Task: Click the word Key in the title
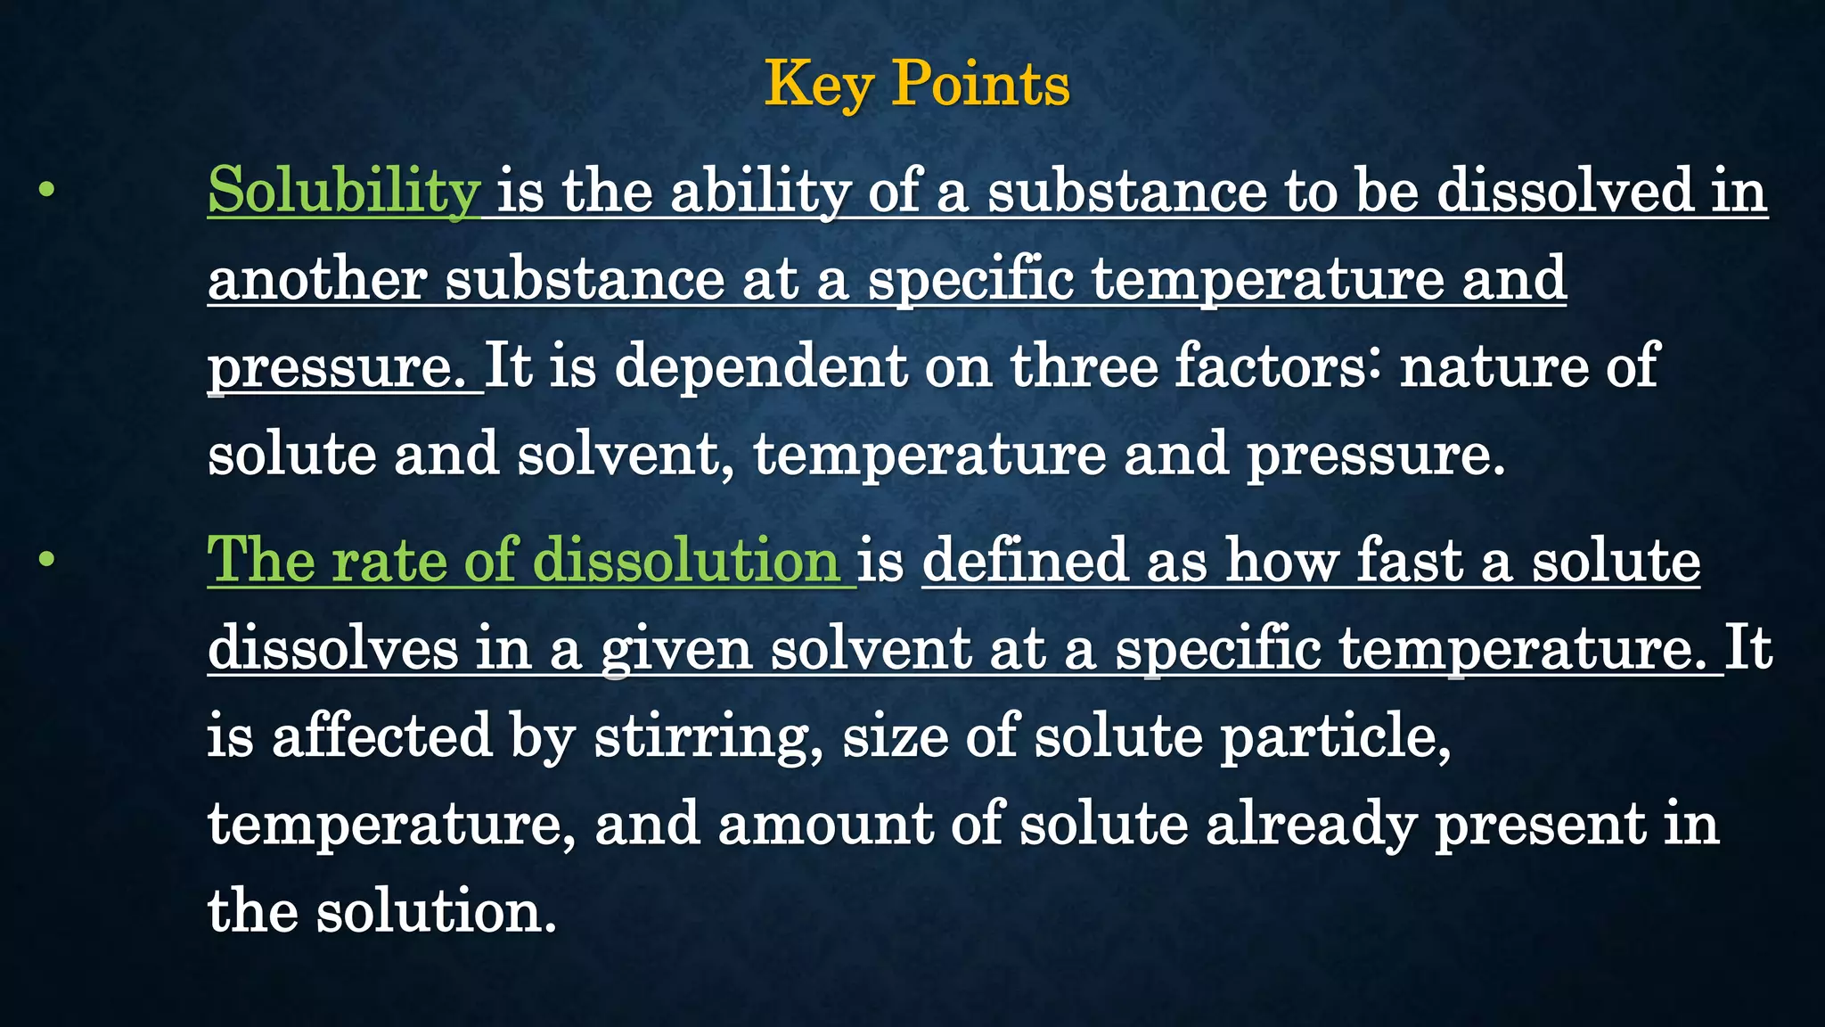[818, 86]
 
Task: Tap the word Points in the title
[980, 86]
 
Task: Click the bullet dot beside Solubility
[47, 190]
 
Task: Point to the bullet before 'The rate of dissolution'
[47, 560]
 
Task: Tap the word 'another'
[317, 279]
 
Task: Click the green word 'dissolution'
[685, 561]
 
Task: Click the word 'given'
[676, 649]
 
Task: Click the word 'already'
[1310, 824]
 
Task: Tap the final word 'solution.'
[437, 912]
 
